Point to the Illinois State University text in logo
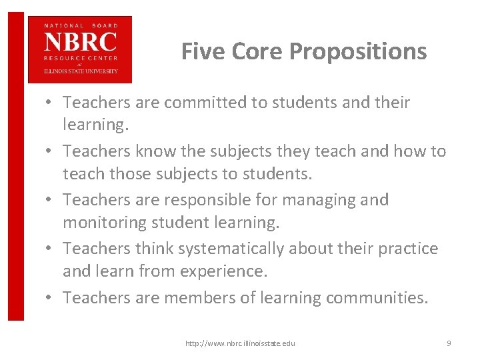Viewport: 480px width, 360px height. pyautogui.click(x=80, y=71)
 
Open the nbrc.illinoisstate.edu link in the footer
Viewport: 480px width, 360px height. pyautogui.click(x=241, y=343)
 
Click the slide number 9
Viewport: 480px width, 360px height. pyautogui.click(x=449, y=343)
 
